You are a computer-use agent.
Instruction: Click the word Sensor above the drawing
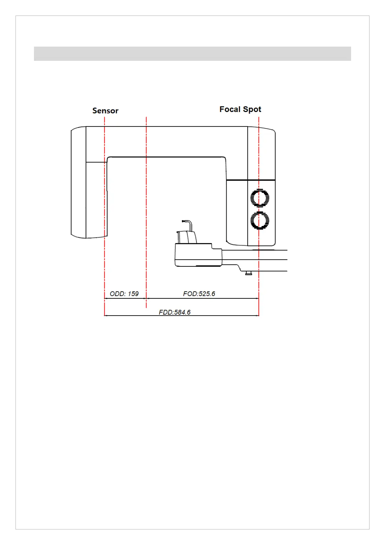click(105, 111)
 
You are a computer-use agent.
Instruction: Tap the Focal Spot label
click(240, 109)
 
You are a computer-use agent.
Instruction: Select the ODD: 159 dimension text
click(124, 294)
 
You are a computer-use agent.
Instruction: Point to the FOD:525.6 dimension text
click(199, 294)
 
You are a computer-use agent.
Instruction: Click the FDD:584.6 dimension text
click(175, 312)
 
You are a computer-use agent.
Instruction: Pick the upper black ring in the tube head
click(260, 198)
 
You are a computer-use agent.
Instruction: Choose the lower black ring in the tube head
click(260, 221)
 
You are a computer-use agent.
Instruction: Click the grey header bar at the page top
click(192, 54)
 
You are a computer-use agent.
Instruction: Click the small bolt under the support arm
click(249, 273)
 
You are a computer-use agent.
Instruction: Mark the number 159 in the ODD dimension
click(133, 294)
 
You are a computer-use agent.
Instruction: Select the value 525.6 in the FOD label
click(207, 294)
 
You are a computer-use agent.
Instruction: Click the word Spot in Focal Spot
click(253, 109)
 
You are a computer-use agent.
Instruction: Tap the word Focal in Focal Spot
click(230, 109)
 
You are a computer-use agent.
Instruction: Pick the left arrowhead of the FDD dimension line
click(106, 316)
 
